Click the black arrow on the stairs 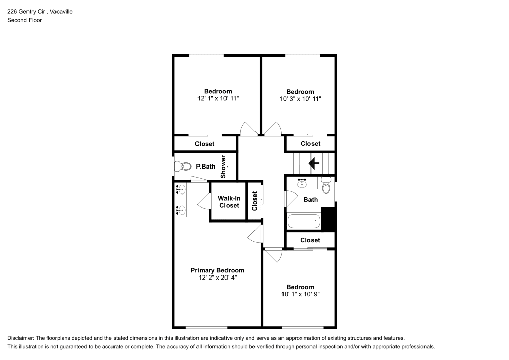(x=314, y=163)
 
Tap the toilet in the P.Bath (x=180, y=167)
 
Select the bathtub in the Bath (x=304, y=221)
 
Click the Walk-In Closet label (x=229, y=202)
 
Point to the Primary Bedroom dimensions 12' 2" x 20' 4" (x=217, y=278)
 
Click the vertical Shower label (x=223, y=167)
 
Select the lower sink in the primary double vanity (x=180, y=209)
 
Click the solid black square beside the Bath (x=330, y=217)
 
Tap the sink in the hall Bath (x=302, y=182)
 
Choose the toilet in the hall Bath (x=326, y=185)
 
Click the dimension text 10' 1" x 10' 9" (x=300, y=294)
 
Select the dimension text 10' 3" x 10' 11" (x=300, y=99)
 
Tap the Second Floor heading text (x=24, y=20)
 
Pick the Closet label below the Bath (x=310, y=240)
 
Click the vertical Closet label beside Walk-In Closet (x=254, y=202)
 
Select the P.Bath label (x=206, y=167)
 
